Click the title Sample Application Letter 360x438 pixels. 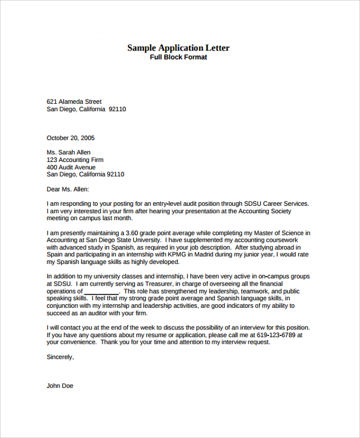tap(178, 48)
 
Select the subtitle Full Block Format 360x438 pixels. tap(178, 58)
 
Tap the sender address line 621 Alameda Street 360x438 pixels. tap(74, 101)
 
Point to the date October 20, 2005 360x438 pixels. tap(71, 138)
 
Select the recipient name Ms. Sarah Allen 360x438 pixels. tap(68, 152)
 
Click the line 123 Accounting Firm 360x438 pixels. tap(75, 160)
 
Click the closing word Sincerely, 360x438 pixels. tap(61, 357)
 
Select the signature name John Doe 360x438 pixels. tap(60, 386)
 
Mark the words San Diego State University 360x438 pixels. tap(118, 240)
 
